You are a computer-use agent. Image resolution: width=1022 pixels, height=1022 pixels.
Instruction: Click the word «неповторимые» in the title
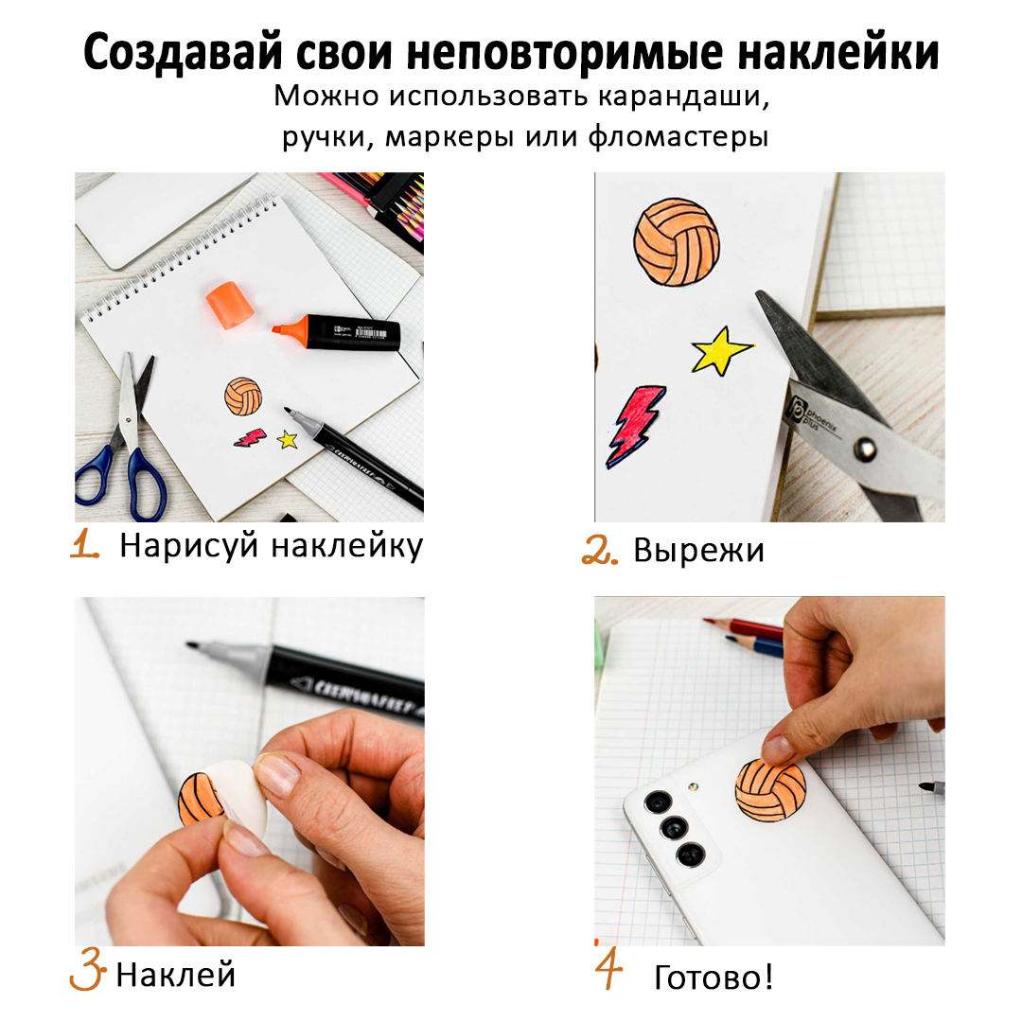click(564, 53)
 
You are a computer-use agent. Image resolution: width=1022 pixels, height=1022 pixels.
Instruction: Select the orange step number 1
click(85, 543)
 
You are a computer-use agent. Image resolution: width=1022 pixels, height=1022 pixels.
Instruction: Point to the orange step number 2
click(599, 550)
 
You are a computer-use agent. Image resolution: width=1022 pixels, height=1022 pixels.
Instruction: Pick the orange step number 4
click(608, 970)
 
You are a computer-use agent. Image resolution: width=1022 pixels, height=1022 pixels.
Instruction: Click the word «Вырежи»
click(698, 550)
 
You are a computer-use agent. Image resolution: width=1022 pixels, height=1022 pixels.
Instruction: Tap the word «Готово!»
click(714, 977)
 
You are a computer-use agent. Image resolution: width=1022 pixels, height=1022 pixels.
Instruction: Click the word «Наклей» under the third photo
click(175, 975)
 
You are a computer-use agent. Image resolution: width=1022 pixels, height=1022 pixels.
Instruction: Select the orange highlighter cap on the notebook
click(229, 304)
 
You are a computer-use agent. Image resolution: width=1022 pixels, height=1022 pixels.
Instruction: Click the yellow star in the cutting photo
click(721, 351)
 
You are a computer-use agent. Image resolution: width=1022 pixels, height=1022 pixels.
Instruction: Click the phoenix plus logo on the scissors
click(810, 415)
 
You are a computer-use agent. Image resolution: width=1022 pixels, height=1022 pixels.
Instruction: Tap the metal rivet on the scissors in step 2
click(865, 448)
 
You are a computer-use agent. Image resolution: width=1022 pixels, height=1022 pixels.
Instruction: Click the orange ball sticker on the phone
click(770, 790)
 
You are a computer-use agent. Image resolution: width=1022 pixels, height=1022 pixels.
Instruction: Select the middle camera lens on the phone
click(674, 828)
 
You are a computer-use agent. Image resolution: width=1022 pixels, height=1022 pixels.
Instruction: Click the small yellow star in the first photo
click(288, 440)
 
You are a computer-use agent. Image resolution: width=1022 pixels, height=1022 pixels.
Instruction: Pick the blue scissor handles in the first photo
click(124, 479)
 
